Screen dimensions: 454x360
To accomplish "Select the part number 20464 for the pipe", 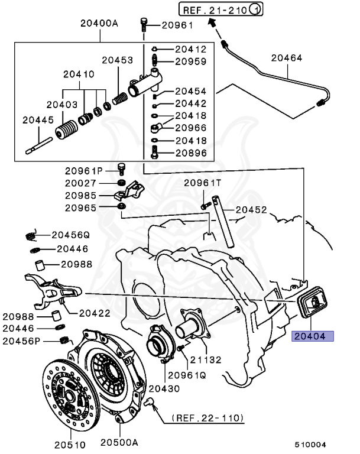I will (287, 59).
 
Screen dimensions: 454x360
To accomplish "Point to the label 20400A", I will (100, 24).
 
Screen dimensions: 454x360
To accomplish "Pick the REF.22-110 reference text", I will (207, 418).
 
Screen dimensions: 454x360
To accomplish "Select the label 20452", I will (251, 209).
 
